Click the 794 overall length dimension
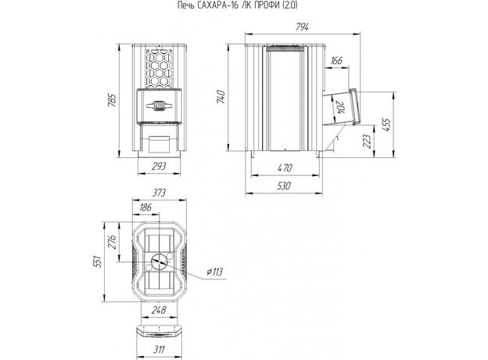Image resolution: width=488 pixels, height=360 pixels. click(302, 27)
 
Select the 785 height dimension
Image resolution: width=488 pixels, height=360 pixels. click(112, 100)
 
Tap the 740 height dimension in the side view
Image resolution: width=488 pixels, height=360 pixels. click(221, 97)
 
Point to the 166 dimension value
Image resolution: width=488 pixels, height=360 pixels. click(336, 60)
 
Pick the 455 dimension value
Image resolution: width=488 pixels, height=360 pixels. click(386, 124)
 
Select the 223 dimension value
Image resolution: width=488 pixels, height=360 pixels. click(368, 141)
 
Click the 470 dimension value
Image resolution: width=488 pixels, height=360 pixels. click(285, 167)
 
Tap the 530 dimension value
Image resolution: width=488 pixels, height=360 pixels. click(284, 186)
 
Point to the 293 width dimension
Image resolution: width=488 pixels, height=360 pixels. click(159, 166)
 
